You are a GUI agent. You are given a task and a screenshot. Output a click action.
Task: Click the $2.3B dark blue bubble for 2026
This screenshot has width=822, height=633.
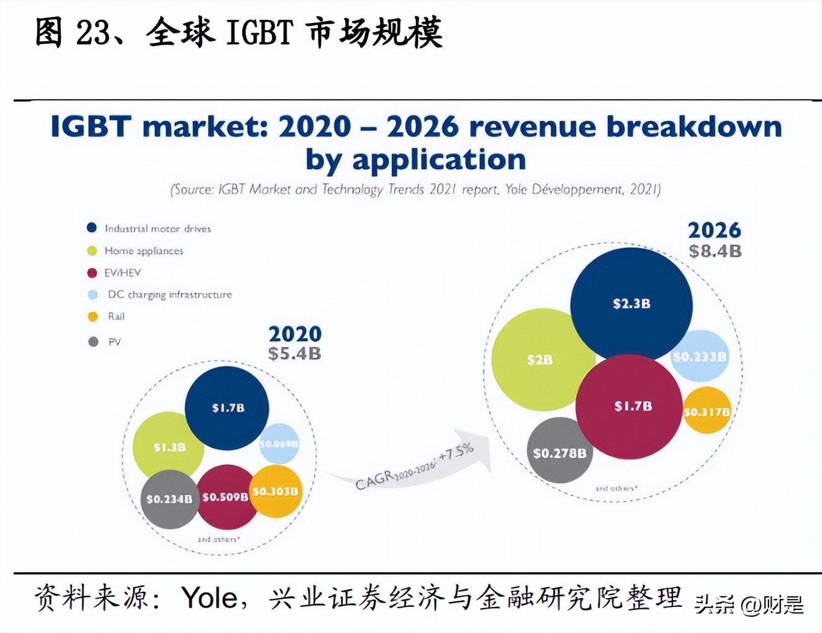pyautogui.click(x=631, y=303)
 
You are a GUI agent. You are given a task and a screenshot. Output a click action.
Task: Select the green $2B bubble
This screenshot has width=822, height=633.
pyautogui.click(x=539, y=360)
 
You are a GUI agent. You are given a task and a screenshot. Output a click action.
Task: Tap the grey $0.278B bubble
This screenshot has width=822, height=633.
pyautogui.click(x=559, y=453)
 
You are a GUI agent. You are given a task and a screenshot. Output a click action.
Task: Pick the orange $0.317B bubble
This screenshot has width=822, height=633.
pyautogui.click(x=707, y=411)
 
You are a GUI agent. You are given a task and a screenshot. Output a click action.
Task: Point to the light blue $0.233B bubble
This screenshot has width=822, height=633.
pyautogui.click(x=699, y=357)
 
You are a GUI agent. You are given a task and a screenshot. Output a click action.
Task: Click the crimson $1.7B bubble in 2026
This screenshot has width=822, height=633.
pyautogui.click(x=629, y=406)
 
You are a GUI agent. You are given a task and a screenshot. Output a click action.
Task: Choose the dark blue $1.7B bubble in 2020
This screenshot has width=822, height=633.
pyautogui.click(x=227, y=408)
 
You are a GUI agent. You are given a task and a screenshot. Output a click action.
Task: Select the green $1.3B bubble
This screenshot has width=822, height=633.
pyautogui.click(x=168, y=447)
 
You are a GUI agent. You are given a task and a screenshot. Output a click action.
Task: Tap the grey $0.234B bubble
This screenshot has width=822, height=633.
pyautogui.click(x=169, y=499)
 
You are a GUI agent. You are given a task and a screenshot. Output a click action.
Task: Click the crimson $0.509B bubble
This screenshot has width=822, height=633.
pyautogui.click(x=225, y=497)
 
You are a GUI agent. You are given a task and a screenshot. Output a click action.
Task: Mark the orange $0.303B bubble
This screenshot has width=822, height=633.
pyautogui.click(x=275, y=492)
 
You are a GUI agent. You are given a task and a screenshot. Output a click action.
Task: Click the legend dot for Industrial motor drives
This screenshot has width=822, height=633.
pyautogui.click(x=92, y=228)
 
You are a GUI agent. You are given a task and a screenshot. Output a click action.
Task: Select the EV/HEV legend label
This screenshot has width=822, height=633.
pyautogui.click(x=122, y=272)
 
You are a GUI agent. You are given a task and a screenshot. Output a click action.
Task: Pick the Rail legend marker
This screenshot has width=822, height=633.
pyautogui.click(x=93, y=316)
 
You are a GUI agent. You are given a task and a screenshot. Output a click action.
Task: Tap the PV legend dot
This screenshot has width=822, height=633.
pyautogui.click(x=93, y=342)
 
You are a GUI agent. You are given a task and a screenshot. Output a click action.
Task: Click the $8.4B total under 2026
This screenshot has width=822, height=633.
pyautogui.click(x=715, y=251)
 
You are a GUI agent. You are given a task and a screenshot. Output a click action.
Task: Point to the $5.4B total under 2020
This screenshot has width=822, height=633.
pyautogui.click(x=294, y=354)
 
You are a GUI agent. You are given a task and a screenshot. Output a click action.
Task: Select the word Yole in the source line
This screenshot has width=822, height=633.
pyautogui.click(x=209, y=598)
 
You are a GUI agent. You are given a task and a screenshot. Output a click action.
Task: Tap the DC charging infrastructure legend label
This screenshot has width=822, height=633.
pyautogui.click(x=169, y=295)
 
